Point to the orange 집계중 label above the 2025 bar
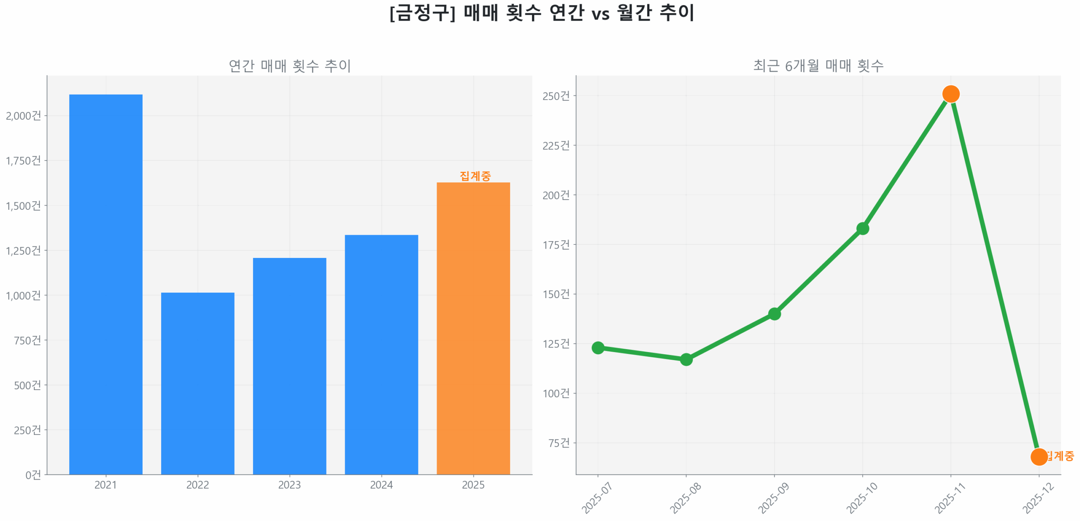(475, 175)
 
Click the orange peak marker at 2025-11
(950, 94)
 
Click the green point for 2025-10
(862, 228)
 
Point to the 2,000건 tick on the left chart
(23, 115)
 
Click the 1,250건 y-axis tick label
(23, 250)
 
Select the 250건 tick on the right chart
(556, 96)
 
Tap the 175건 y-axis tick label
(556, 244)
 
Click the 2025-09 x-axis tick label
(773, 498)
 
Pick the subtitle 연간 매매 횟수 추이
(289, 65)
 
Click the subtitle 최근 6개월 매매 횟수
(818, 65)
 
